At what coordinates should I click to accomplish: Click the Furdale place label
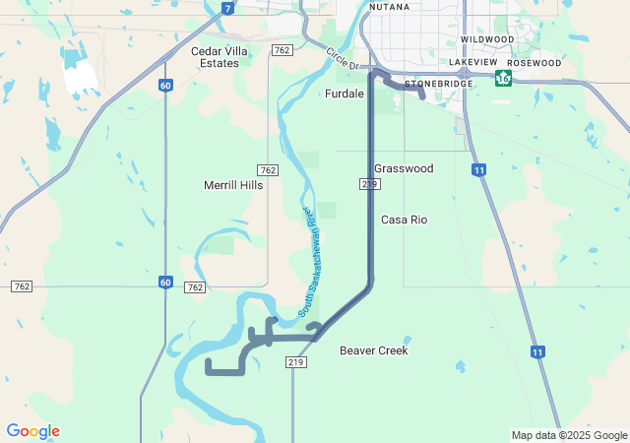tap(345, 95)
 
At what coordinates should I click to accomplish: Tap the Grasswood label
tap(404, 168)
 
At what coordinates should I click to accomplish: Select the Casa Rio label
tap(404, 220)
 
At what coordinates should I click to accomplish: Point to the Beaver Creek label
tap(373, 350)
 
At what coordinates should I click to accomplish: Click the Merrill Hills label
tap(233, 185)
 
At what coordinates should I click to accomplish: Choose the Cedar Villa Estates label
tap(216, 56)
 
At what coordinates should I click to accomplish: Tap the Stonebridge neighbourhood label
tap(439, 85)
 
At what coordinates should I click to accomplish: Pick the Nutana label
tap(389, 7)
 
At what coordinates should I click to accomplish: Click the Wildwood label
tap(487, 39)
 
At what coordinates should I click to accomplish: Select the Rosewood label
tap(534, 63)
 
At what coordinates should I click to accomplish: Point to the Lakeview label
tap(473, 62)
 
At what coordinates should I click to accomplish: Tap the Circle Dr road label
tap(344, 58)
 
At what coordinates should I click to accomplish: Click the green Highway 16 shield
tap(504, 78)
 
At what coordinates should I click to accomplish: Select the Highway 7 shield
tap(227, 9)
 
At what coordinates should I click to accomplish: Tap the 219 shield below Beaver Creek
tap(296, 362)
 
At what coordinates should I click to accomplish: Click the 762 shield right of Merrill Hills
tap(268, 170)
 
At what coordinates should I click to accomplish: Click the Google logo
tap(32, 431)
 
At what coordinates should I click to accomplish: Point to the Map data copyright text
tap(568, 435)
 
